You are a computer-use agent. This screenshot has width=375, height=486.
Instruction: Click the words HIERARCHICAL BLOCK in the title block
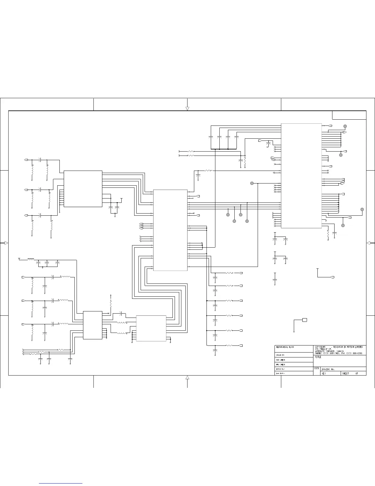(x=285, y=347)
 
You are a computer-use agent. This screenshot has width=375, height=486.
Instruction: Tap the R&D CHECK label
(x=281, y=360)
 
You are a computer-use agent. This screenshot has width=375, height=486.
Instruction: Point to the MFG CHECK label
(x=281, y=364)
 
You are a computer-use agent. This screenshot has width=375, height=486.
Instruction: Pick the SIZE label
(x=317, y=368)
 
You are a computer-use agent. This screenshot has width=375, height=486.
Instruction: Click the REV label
(x=324, y=374)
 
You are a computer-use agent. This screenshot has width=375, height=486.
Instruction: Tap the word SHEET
(x=345, y=374)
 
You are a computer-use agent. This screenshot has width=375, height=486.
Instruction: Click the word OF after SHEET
(x=357, y=374)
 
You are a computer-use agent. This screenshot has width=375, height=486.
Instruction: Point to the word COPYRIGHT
(x=320, y=347)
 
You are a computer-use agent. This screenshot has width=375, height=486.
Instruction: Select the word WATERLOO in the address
(x=321, y=351)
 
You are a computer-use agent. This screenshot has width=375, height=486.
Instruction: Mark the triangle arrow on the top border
(x=187, y=108)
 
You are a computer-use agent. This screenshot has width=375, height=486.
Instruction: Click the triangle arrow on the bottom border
(x=187, y=377)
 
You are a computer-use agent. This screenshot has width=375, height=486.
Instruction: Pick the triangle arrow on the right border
(x=369, y=243)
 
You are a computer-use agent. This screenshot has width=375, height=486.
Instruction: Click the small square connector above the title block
(x=305, y=320)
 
